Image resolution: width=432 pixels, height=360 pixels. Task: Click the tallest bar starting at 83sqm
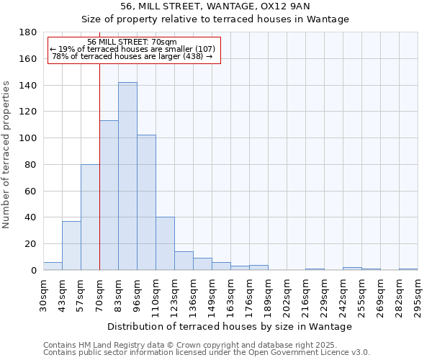coord(127,176)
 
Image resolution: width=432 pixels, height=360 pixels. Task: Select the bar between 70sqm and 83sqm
coord(109,195)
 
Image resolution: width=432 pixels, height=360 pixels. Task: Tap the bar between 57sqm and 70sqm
coord(90,217)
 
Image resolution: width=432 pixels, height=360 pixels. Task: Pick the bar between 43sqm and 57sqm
coord(71,246)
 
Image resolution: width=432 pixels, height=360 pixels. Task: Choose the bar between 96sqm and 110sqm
coord(146,202)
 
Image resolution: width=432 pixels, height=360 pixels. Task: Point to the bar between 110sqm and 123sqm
coord(165,243)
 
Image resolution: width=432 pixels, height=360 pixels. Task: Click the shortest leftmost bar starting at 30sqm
coord(53,266)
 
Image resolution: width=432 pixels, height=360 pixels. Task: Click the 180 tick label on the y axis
coord(28,32)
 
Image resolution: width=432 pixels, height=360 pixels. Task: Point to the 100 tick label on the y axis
coord(28,138)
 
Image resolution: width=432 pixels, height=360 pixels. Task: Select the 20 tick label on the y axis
coord(31,244)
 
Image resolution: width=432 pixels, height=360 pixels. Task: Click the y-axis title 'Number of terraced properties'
coord(7,155)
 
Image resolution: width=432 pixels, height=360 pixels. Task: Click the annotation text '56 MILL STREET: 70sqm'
coord(132,42)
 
